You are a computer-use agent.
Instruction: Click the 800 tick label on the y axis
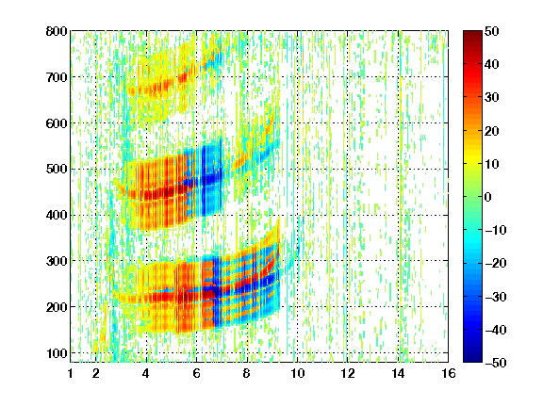pyautogui.click(x=57, y=31)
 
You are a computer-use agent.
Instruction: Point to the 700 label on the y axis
pyautogui.click(x=57, y=77)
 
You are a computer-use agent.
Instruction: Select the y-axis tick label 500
pyautogui.click(x=57, y=170)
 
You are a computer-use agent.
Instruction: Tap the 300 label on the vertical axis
pyautogui.click(x=57, y=261)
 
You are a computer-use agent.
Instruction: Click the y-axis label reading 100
pyautogui.click(x=57, y=353)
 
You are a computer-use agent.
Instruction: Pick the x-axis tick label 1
pyautogui.click(x=71, y=373)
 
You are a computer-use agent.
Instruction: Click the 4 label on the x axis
pyautogui.click(x=146, y=373)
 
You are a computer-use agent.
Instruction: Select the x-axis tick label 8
pyautogui.click(x=247, y=373)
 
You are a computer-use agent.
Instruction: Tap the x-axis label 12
pyautogui.click(x=347, y=373)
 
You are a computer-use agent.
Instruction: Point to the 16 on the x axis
pyautogui.click(x=448, y=373)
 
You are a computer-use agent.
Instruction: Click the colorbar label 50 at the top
pyautogui.click(x=491, y=31)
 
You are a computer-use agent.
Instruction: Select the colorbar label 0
pyautogui.click(x=488, y=197)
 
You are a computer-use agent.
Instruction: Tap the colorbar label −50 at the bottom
pyautogui.click(x=496, y=363)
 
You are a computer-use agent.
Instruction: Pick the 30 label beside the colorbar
pyautogui.click(x=491, y=98)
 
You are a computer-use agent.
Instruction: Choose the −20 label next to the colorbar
pyautogui.click(x=496, y=263)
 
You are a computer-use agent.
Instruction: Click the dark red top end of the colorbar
pyautogui.click(x=472, y=33)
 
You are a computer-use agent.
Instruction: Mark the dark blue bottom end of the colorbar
pyautogui.click(x=472, y=360)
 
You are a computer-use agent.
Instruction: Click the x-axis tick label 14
pyautogui.click(x=398, y=373)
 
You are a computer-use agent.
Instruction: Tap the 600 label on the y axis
pyautogui.click(x=57, y=123)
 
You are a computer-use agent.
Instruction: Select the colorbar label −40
pyautogui.click(x=496, y=330)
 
